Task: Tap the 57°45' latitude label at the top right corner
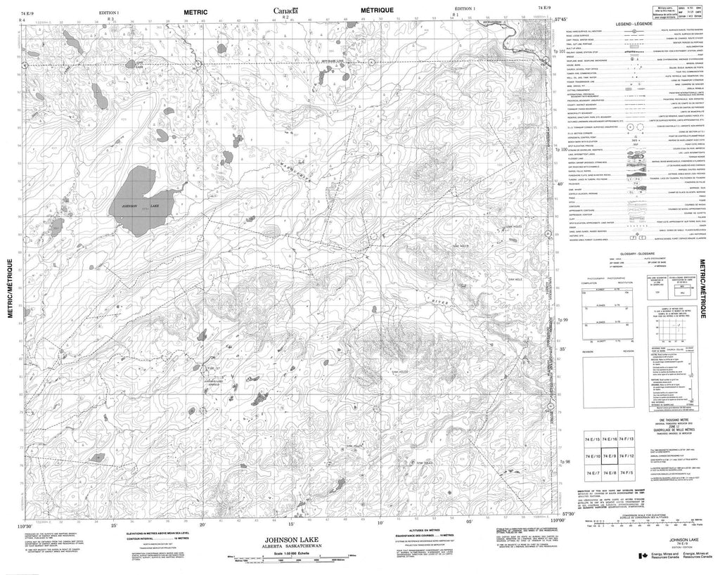pyautogui.click(x=561, y=20)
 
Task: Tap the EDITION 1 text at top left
pyautogui.click(x=110, y=13)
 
